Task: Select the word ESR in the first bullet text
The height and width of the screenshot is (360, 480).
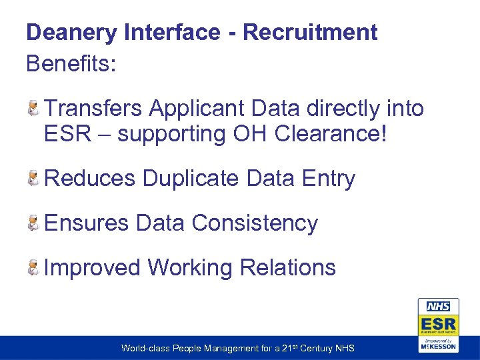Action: click(x=66, y=134)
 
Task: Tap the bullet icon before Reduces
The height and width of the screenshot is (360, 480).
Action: click(x=33, y=177)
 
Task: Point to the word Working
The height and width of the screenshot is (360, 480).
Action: click(x=189, y=267)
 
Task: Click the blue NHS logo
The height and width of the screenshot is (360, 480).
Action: click(x=438, y=307)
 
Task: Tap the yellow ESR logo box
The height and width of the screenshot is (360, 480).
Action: click(x=438, y=325)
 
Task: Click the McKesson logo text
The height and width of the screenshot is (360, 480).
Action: click(x=438, y=346)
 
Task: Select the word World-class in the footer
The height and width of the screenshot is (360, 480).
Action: click(x=144, y=349)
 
